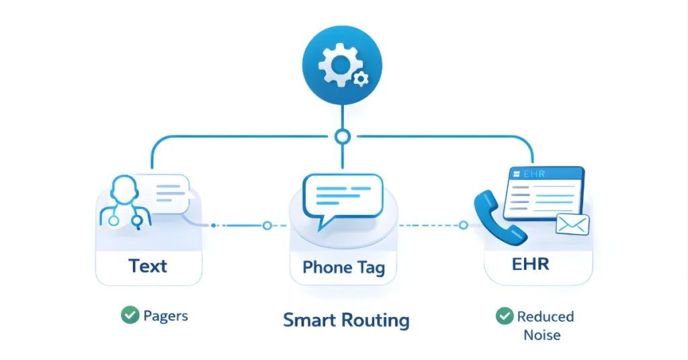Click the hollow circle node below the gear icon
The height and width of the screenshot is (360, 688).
coord(343,137)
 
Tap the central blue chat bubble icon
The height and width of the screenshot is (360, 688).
coord(343,199)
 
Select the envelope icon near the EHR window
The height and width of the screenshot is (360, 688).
coord(572,224)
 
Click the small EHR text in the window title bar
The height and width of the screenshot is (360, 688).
coord(530,175)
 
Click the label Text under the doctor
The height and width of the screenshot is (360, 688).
coord(148,266)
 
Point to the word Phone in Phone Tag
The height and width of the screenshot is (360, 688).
coord(327,267)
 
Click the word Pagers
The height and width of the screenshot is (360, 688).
coord(165,315)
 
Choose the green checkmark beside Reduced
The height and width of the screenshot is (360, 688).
coord(504,316)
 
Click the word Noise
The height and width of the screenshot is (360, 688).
coord(542,334)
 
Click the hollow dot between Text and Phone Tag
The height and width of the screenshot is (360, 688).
coord(267,226)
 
